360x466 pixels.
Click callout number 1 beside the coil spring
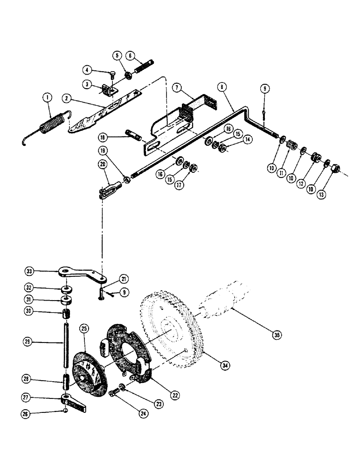tap(47, 98)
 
